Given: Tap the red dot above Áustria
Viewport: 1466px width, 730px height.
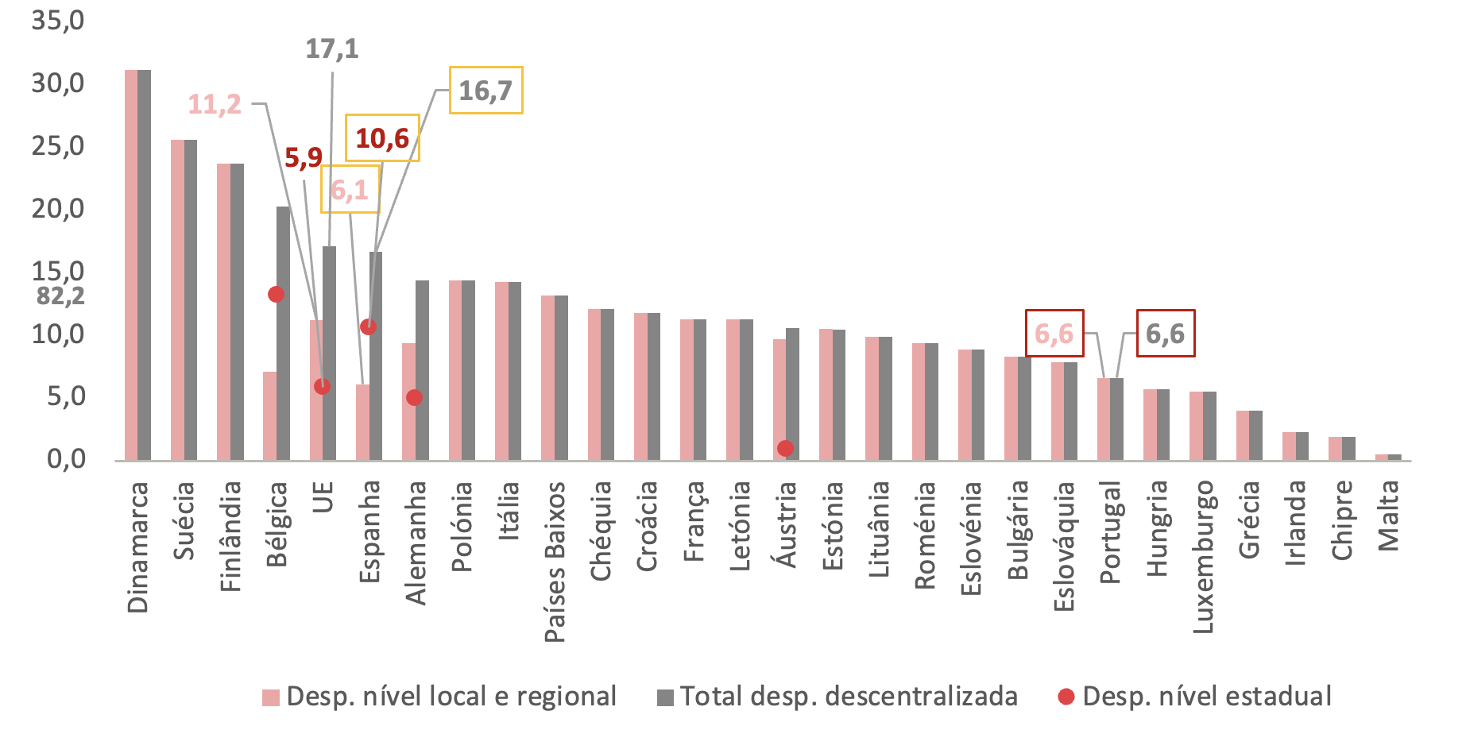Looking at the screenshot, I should pos(785,448).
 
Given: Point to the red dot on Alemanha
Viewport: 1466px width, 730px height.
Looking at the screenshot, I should pos(414,397).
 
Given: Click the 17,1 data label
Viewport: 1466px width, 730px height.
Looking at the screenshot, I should pos(332,49).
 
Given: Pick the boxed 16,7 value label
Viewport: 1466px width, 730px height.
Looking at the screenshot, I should pos(485,91).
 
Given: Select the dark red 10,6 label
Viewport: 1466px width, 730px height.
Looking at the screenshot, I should pos(382,138).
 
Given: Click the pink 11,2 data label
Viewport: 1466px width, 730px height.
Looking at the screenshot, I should pos(215,104).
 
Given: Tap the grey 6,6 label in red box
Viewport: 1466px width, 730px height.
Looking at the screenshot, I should pos(1165,334).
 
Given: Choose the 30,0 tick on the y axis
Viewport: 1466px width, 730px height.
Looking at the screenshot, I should pos(58,83).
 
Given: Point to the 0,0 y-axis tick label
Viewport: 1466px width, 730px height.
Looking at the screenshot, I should pos(66,458).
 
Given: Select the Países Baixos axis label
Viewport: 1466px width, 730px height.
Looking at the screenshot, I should pos(555,561).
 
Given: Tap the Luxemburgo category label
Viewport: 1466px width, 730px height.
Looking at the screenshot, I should pos(1204,556).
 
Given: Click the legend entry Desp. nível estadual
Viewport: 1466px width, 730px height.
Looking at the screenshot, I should pos(1195,697).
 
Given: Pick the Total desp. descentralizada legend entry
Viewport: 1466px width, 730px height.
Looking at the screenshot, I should pos(837,697).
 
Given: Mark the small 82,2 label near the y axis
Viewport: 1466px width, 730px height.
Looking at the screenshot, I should pos(60,296).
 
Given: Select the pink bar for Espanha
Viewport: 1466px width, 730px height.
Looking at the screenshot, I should pos(362,422).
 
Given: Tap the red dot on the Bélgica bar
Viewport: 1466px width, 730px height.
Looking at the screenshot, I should pos(276,294).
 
